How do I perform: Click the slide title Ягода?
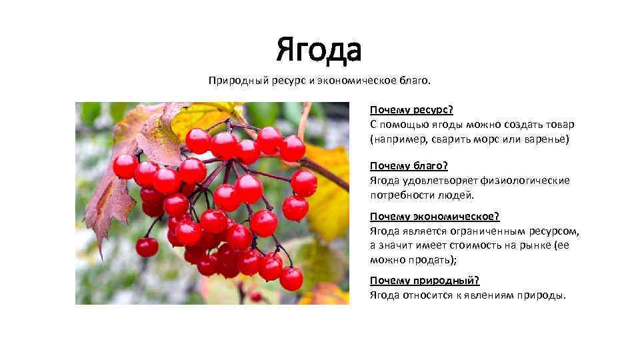pyautogui.click(x=319, y=50)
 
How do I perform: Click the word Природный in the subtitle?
pyautogui.click(x=238, y=81)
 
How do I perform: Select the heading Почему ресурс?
pyautogui.click(x=411, y=109)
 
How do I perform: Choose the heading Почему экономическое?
pyautogui.click(x=435, y=217)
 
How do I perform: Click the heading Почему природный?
pyautogui.click(x=425, y=281)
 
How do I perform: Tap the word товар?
pyautogui.click(x=559, y=124)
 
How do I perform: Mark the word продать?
pyautogui.click(x=427, y=260)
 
